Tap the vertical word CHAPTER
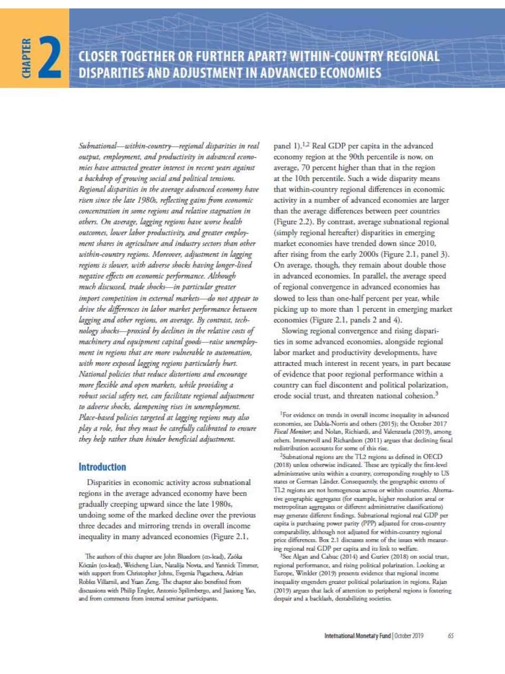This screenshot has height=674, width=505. (x=26, y=58)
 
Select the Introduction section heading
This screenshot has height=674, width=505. (x=102, y=467)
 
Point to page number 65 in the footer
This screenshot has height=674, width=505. (x=451, y=636)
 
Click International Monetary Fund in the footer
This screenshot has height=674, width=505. (x=358, y=636)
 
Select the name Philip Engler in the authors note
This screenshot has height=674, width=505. (x=137, y=590)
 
